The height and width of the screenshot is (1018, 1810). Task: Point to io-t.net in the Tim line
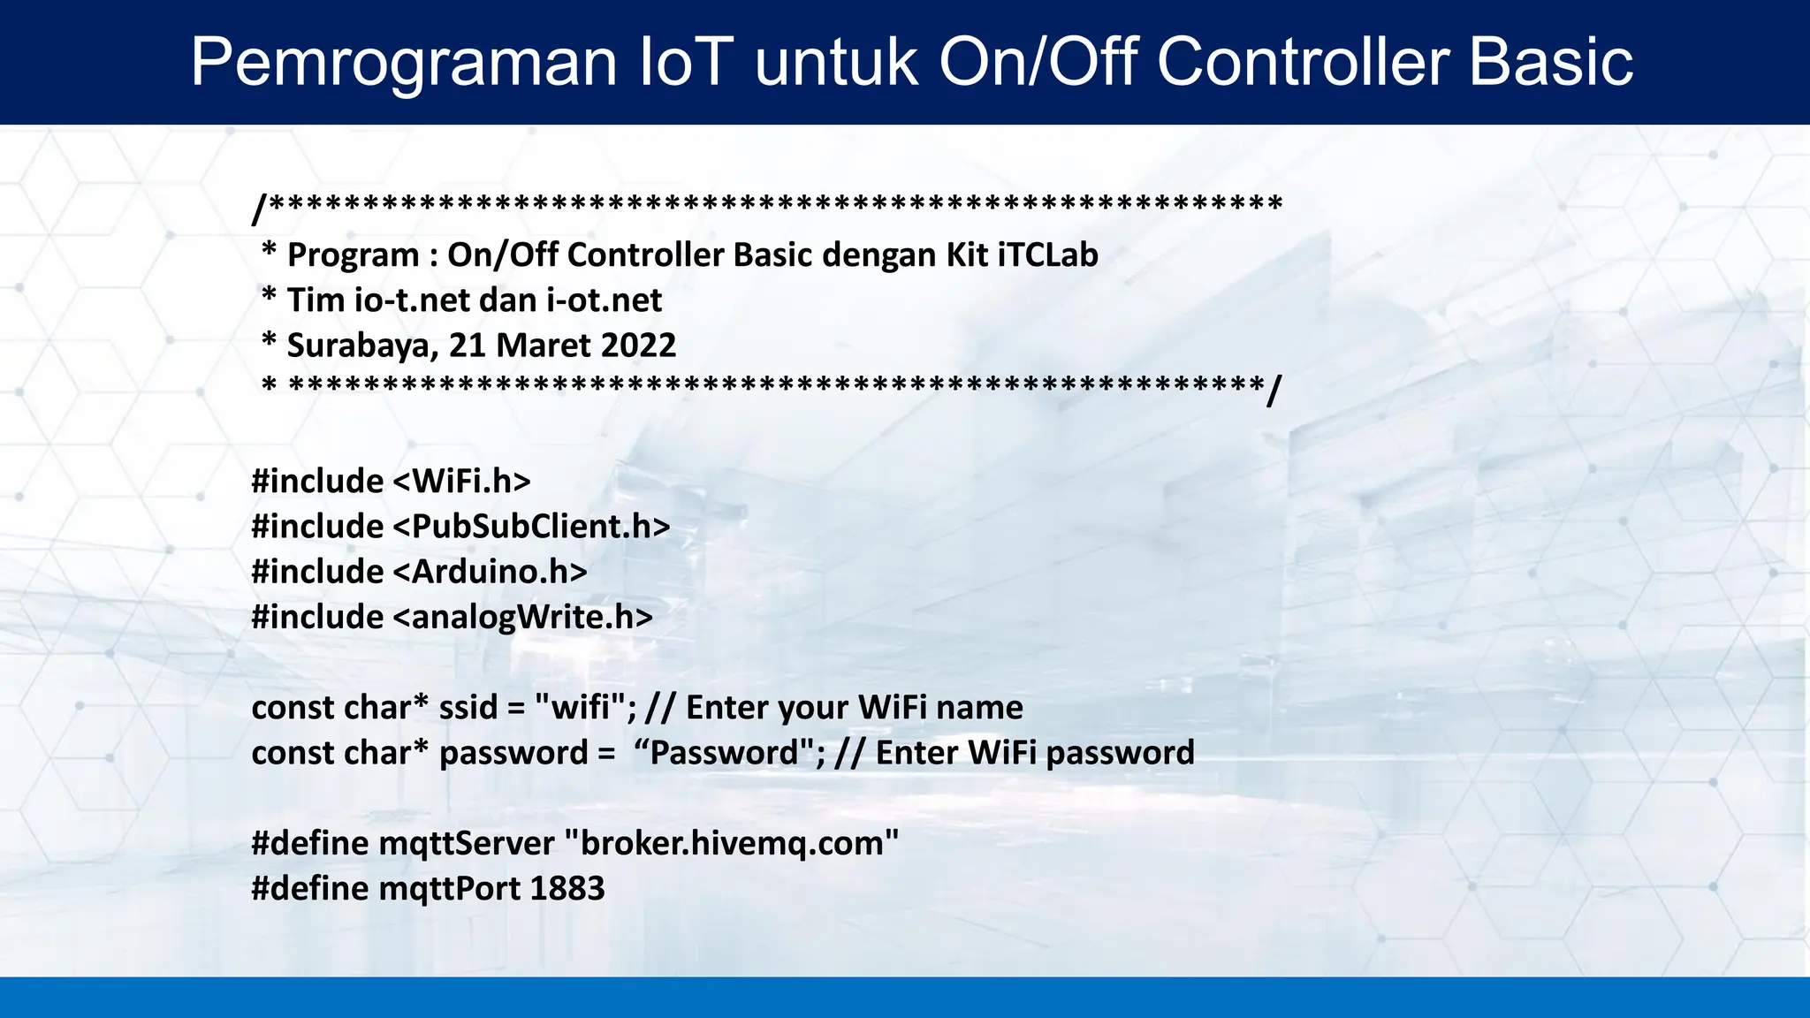[x=412, y=300]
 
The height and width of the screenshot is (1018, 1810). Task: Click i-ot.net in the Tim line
[x=604, y=300]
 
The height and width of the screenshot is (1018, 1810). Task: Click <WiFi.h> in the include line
[x=460, y=482]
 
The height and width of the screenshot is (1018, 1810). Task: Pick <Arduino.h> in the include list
[x=489, y=572]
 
